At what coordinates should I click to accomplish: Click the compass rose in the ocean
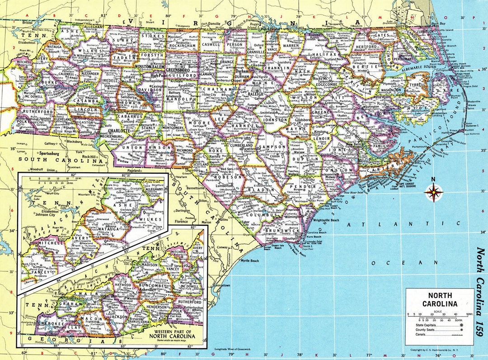point(433,192)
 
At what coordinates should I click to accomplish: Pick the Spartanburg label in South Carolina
point(49,153)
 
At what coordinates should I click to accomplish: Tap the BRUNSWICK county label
point(278,231)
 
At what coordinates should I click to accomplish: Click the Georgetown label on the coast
point(223,286)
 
